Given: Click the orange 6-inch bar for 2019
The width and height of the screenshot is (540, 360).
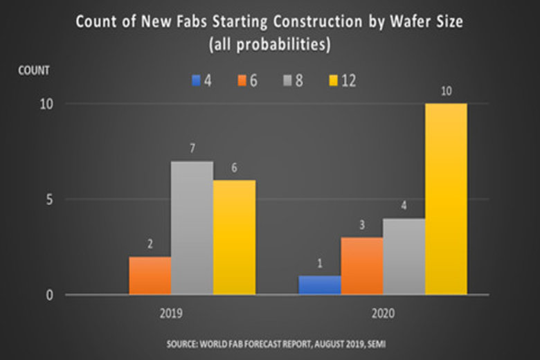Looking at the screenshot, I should pyautogui.click(x=150, y=276).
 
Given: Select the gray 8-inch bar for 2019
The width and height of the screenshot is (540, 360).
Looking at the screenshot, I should pyautogui.click(x=192, y=228).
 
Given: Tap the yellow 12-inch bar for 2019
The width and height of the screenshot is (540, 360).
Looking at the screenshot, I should pyautogui.click(x=234, y=237).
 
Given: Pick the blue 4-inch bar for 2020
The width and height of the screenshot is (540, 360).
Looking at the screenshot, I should pyautogui.click(x=319, y=285).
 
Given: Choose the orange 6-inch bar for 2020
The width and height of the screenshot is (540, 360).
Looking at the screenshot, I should pyautogui.click(x=361, y=266).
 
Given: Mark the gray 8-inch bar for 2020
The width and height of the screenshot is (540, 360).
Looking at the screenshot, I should pyautogui.click(x=404, y=257).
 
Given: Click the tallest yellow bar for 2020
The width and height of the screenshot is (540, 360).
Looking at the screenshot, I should pyautogui.click(x=446, y=199).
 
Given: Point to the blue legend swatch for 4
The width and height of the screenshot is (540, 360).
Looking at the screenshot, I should pyautogui.click(x=196, y=81).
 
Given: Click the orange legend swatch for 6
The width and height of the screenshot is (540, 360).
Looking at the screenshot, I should pyautogui.click(x=242, y=81).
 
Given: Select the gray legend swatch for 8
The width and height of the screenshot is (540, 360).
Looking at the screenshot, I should pyautogui.click(x=287, y=81).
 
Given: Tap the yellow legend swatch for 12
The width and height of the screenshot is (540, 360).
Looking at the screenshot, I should pyautogui.click(x=331, y=81).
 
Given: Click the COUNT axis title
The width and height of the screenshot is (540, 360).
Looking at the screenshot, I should pyautogui.click(x=34, y=70).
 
